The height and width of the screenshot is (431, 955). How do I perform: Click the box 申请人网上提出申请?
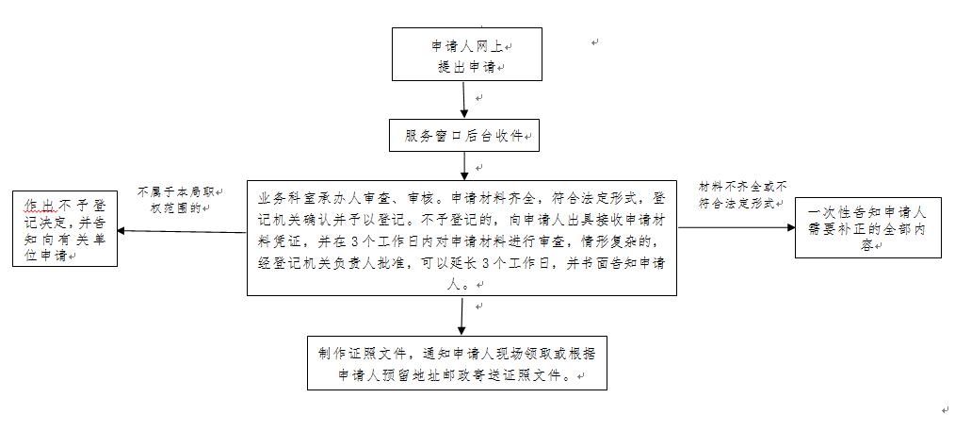(466, 55)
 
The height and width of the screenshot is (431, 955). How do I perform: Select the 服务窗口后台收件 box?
(464, 135)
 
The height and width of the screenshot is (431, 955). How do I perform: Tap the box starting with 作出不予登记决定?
(65, 229)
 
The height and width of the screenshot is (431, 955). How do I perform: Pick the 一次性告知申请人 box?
(867, 227)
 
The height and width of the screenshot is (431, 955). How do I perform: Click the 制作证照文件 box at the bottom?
(457, 363)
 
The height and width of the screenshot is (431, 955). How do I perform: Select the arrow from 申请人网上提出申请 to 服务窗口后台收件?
(464, 99)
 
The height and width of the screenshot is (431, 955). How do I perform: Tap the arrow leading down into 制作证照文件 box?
(461, 317)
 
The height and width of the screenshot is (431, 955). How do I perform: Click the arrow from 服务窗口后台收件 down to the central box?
(464, 166)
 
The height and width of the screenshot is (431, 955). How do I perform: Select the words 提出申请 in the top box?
(464, 66)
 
